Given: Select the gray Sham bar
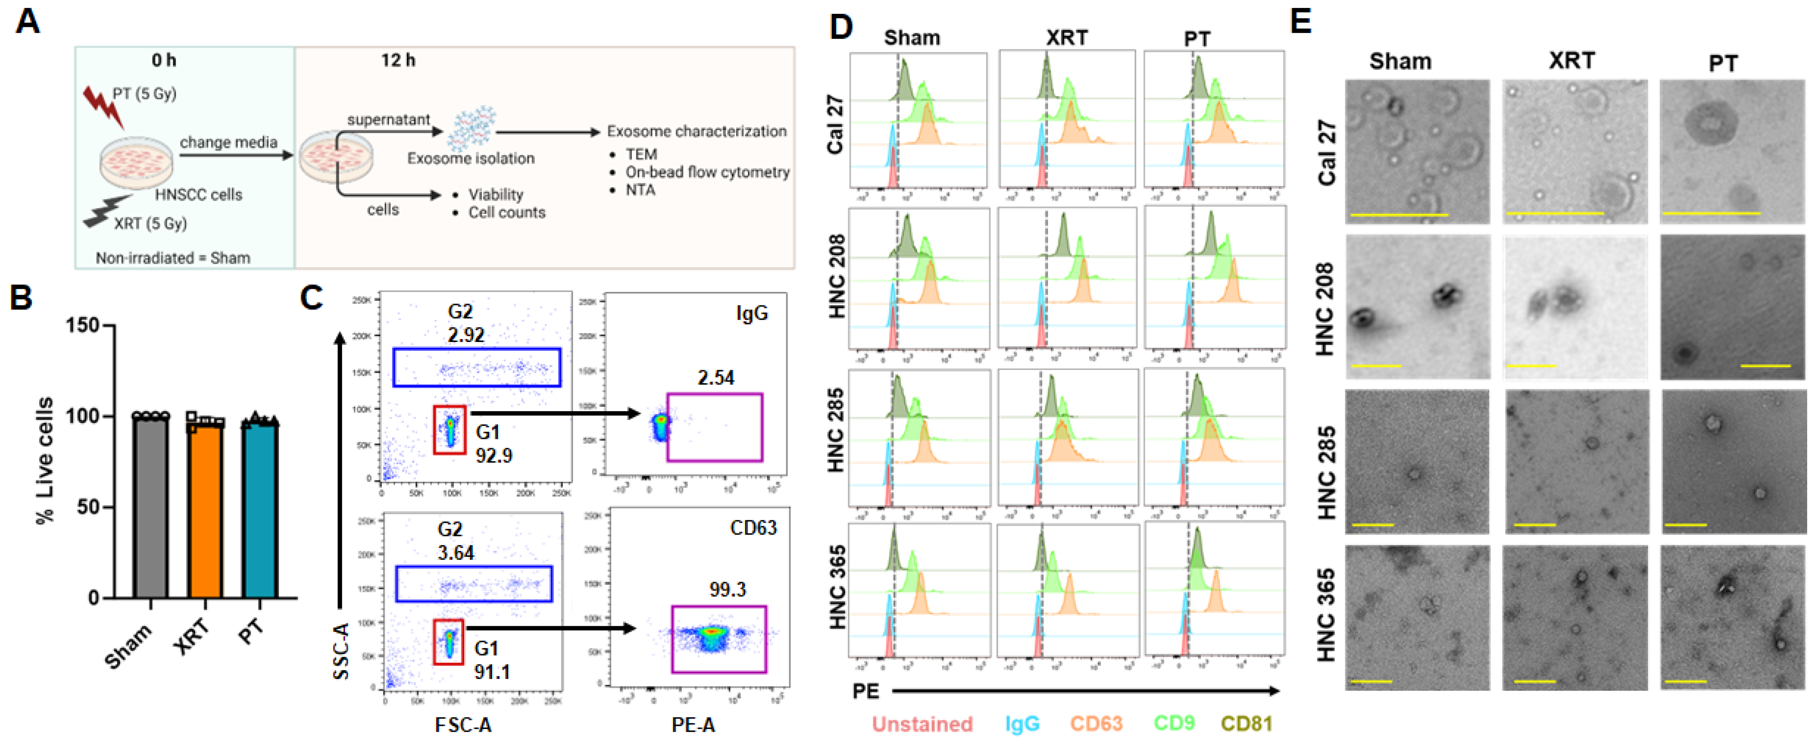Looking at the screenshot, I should (150, 508).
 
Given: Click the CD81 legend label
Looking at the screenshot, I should (1246, 723).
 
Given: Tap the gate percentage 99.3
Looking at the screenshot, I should (727, 589).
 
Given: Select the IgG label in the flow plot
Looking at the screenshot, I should (751, 313).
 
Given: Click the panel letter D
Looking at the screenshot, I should (841, 27).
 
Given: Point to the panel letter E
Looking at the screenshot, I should (1301, 21).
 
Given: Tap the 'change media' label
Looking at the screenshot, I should (228, 142).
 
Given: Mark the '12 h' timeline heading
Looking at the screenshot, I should (398, 61).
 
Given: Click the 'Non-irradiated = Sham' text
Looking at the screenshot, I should (173, 258).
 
